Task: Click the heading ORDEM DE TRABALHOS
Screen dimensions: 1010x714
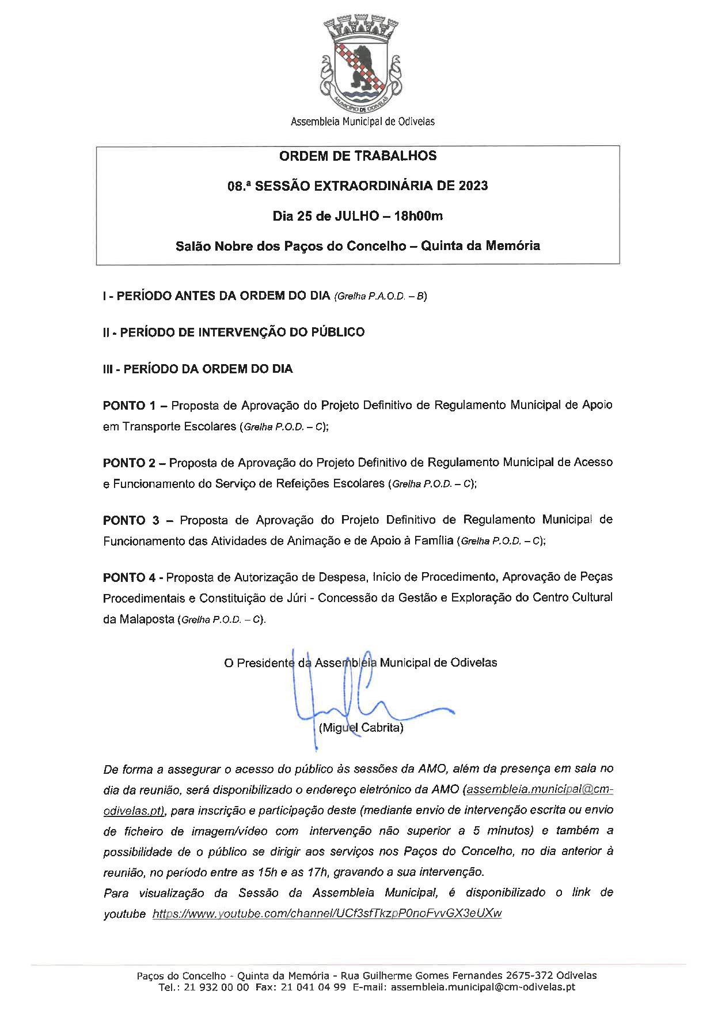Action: pyautogui.click(x=358, y=156)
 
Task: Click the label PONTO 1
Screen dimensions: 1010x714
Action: pyautogui.click(x=130, y=405)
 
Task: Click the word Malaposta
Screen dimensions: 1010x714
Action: pyautogui.click(x=146, y=619)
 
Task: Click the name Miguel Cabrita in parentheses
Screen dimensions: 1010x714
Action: pyautogui.click(x=361, y=728)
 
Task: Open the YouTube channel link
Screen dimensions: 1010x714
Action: pyautogui.click(x=326, y=914)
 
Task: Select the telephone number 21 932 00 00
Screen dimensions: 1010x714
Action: pyautogui.click(x=217, y=988)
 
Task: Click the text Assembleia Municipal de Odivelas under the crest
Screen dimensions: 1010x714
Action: pyautogui.click(x=362, y=122)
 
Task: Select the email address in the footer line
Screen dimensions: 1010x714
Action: pyautogui.click(x=483, y=988)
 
